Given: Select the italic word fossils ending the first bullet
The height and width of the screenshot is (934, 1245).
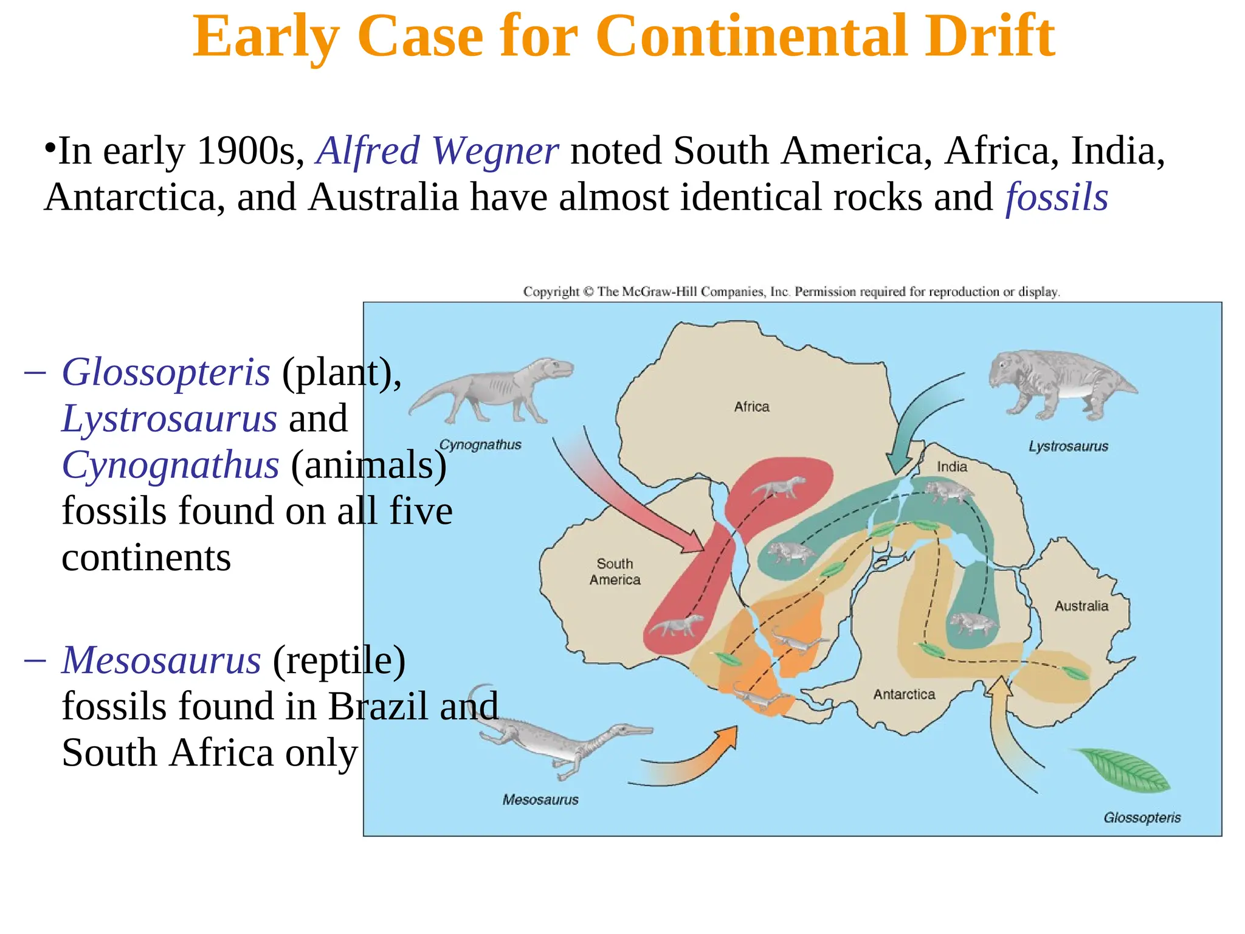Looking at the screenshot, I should pos(1057,198).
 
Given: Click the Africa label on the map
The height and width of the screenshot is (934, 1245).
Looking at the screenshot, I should pos(751,407).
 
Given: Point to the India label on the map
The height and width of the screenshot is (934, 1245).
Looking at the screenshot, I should pos(951,467).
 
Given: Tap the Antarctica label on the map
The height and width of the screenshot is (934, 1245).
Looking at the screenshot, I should pos(904,694).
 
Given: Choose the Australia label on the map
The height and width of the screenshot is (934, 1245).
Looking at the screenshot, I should pos(1081,606).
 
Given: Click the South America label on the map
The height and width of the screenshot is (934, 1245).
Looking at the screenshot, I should pos(615,572).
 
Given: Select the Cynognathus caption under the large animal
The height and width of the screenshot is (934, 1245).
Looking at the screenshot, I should pos(480,445).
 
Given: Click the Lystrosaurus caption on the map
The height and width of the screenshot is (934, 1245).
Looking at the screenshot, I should pos(1068,446).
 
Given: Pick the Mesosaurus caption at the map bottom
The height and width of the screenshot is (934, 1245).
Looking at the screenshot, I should pos(540,800).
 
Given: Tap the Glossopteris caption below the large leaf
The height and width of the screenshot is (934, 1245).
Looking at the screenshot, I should pos(1142,818).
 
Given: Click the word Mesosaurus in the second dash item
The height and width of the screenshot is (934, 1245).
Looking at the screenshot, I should pos(162,660).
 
